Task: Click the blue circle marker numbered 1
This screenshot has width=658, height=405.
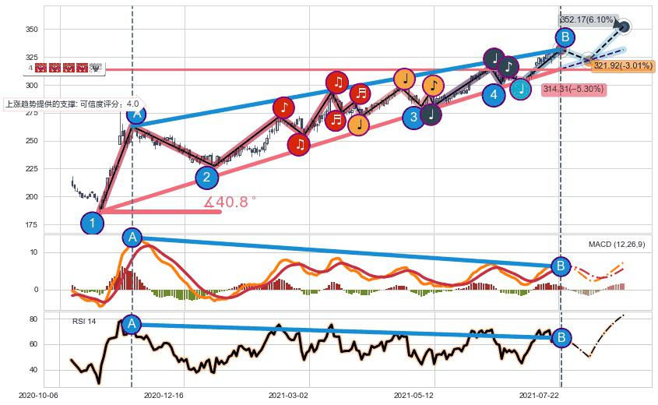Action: click(92, 224)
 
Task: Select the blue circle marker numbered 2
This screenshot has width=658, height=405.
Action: click(206, 178)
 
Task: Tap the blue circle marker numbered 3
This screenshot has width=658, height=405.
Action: click(414, 117)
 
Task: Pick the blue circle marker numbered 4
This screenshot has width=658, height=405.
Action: click(493, 95)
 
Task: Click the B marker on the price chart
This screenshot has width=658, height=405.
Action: click(565, 37)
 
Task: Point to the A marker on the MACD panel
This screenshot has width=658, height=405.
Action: click(132, 238)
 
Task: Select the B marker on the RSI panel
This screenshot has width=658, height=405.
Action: click(561, 337)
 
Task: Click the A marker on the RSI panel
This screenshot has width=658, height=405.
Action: click(132, 324)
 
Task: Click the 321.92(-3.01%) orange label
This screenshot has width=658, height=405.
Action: click(622, 65)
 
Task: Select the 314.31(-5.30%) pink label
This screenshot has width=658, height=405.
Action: click(574, 90)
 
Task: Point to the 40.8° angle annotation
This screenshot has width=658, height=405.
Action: click(230, 202)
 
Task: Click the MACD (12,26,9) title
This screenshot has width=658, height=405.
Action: click(619, 245)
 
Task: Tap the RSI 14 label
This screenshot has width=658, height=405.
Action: click(85, 321)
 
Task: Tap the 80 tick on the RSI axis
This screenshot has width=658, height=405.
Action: click(35, 319)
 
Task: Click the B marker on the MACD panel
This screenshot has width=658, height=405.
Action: click(560, 266)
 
